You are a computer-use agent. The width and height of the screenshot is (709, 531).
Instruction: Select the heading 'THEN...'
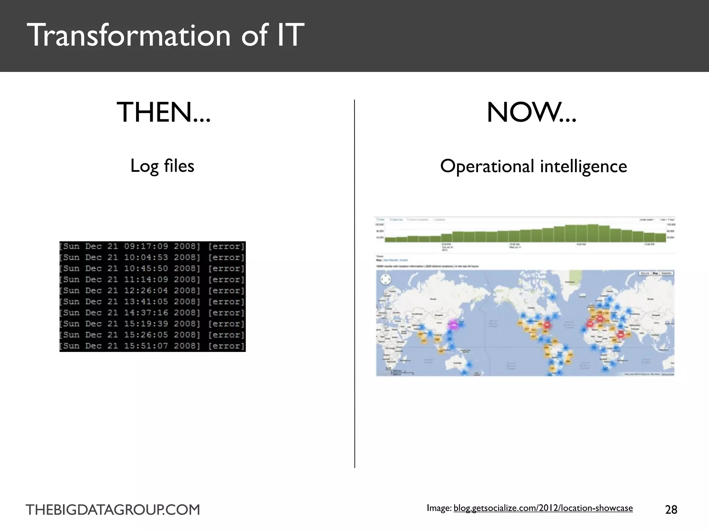click(x=163, y=112)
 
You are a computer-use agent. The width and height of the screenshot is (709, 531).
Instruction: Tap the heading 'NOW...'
click(x=531, y=112)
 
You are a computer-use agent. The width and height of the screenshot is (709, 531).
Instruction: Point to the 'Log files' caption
click(x=162, y=166)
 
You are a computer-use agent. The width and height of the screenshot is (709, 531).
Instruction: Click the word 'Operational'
click(x=487, y=166)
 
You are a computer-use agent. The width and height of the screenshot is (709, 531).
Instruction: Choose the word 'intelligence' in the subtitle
click(x=584, y=166)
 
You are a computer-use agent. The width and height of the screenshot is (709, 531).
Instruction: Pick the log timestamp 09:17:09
click(x=146, y=246)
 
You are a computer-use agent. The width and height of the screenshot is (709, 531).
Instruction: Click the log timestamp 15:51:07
click(x=146, y=346)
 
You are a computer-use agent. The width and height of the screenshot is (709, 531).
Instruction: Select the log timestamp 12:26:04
click(x=146, y=291)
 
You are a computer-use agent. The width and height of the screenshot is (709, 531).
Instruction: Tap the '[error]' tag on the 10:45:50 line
click(x=226, y=269)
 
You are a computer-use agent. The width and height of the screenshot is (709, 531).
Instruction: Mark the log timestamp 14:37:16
click(x=146, y=313)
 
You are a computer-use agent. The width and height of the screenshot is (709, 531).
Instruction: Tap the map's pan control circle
click(x=385, y=279)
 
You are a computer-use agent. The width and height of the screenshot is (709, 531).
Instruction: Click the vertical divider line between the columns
click(x=354, y=283)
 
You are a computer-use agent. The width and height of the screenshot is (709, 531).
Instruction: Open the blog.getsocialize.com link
click(x=543, y=508)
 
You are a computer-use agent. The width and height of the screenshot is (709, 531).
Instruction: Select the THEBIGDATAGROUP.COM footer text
click(x=113, y=510)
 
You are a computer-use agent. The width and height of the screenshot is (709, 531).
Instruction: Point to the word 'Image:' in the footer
click(x=439, y=508)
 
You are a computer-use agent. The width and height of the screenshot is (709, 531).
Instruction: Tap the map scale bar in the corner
click(x=402, y=373)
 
